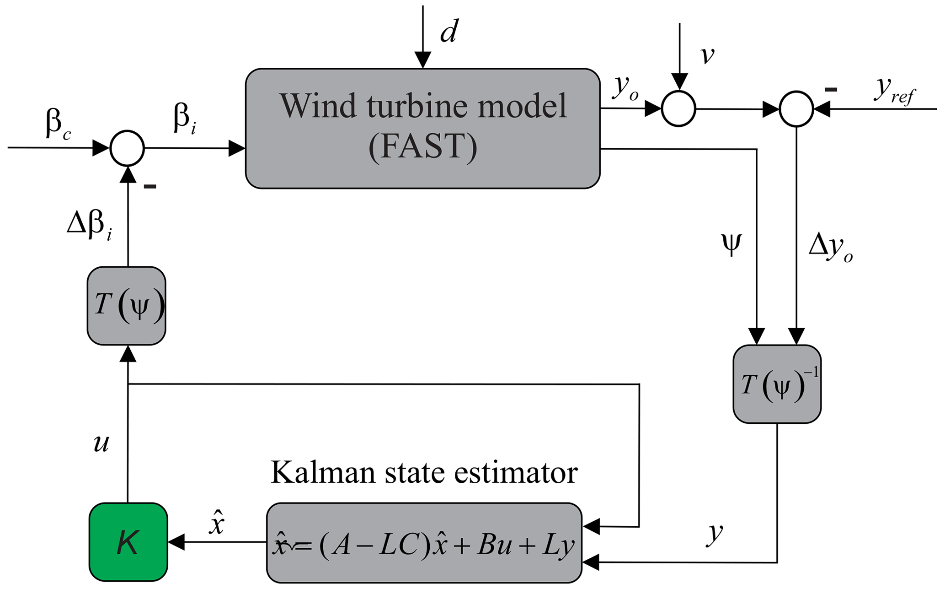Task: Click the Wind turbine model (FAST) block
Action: click(422, 128)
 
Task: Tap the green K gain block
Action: click(128, 542)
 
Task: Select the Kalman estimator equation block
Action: click(424, 543)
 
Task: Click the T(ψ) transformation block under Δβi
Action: click(127, 305)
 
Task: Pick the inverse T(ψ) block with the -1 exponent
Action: click(777, 384)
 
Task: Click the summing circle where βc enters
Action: click(127, 148)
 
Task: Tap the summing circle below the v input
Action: click(678, 109)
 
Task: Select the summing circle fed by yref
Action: click(796, 109)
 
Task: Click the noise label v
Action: click(707, 55)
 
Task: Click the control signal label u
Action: click(101, 443)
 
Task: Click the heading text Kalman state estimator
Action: click(424, 472)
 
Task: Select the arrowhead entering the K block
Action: click(176, 542)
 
